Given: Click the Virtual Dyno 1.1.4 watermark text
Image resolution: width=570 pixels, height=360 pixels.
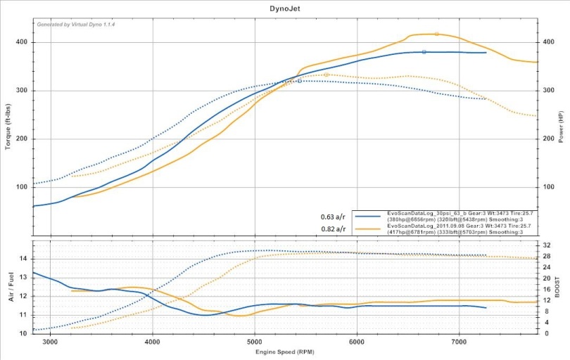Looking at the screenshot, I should pyautogui.click(x=75, y=24).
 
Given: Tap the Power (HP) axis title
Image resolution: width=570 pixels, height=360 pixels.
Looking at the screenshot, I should pyautogui.click(x=561, y=127).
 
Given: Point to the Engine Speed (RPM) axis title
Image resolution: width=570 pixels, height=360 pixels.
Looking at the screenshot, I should pyautogui.click(x=284, y=351).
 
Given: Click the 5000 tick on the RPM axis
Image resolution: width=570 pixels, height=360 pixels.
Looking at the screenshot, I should pyautogui.click(x=255, y=341).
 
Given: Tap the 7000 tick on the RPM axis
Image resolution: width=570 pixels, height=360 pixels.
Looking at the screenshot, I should pyautogui.click(x=459, y=341).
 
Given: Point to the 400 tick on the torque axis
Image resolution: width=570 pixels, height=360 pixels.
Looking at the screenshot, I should pyautogui.click(x=22, y=42).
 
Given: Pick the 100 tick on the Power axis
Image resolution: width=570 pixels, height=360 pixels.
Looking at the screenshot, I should pyautogui.click(x=546, y=187).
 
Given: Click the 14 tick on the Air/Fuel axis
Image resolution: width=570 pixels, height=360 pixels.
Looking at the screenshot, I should pyautogui.click(x=23, y=259).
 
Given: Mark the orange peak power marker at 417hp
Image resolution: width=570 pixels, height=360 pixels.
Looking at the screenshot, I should pyautogui.click(x=436, y=34).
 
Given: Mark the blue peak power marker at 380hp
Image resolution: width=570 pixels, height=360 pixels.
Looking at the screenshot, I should pyautogui.click(x=424, y=52).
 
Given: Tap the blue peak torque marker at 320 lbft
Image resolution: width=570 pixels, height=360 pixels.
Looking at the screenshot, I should pyautogui.click(x=300, y=81).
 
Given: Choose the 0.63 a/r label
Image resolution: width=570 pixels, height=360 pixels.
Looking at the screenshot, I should pyautogui.click(x=332, y=217).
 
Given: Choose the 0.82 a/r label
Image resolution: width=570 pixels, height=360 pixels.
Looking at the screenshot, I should pyautogui.click(x=332, y=229).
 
